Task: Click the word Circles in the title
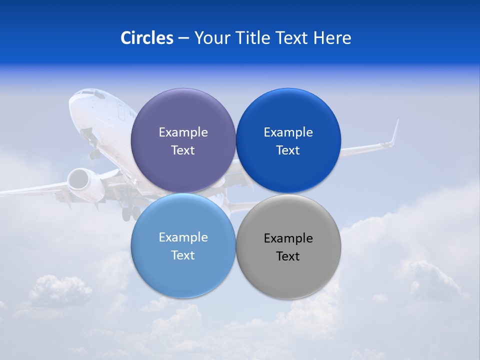[x=146, y=38]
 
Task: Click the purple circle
[x=183, y=115]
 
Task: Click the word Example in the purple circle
[x=183, y=132]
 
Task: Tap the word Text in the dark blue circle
[x=288, y=150]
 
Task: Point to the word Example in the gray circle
[x=288, y=238]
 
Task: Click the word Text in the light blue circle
[x=183, y=255]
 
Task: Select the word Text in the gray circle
[x=288, y=256]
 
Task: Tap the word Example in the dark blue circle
[x=288, y=132]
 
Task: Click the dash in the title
[x=183, y=38]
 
